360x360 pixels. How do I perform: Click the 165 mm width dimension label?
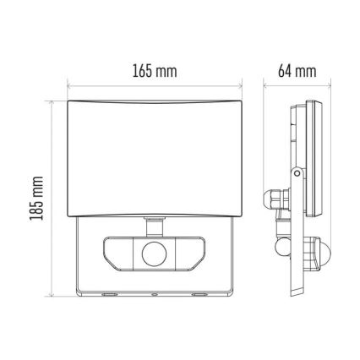coord(155,70)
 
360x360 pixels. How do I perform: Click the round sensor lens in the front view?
coord(155,253)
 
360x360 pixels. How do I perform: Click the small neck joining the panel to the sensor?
coord(155,225)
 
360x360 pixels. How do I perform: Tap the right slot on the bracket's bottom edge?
coord(199,295)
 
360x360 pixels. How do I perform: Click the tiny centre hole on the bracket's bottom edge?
coord(155,295)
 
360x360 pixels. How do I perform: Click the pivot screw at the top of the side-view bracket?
coord(297,174)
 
